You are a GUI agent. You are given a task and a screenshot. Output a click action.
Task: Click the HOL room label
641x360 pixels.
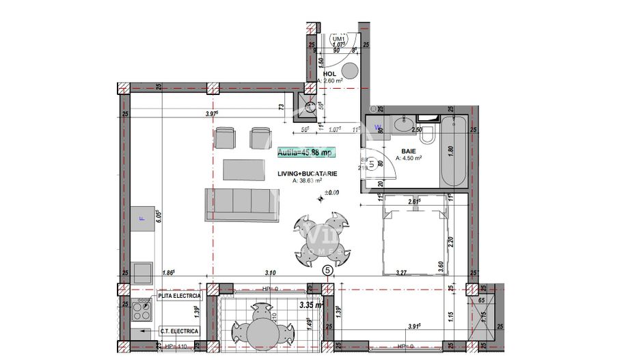329,74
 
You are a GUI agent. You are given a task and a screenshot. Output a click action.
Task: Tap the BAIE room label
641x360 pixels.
409,152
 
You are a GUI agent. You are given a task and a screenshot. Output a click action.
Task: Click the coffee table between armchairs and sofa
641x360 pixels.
244,169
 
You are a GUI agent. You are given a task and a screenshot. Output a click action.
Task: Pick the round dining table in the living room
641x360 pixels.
320,240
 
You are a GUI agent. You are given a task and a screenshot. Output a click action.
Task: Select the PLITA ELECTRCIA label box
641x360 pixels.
179,296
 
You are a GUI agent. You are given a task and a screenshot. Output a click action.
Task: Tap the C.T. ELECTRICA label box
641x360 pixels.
178,331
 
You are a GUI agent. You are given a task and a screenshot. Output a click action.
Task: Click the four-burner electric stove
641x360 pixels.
142,311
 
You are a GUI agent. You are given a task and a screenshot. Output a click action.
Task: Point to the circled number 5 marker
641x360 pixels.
328,271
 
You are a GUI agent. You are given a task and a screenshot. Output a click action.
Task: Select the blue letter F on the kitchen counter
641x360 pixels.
143,219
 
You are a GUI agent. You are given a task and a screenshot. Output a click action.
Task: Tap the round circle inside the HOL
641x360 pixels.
351,70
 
